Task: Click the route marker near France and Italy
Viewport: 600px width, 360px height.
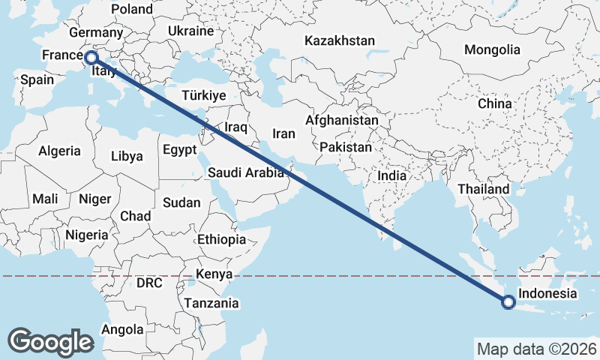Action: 91,57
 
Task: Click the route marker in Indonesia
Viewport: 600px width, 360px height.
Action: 508,302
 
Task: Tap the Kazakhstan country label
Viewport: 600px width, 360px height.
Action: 340,40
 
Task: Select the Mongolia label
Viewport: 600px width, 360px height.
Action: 492,49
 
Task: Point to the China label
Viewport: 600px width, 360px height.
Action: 495,103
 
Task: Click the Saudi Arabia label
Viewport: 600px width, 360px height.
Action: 246,172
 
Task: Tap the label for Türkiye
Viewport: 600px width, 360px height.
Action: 203,95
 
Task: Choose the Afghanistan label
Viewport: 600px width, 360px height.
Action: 342,120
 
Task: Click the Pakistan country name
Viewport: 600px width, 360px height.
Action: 345,147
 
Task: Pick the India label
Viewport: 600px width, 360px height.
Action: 391,175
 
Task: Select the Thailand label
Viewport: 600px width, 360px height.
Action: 484,189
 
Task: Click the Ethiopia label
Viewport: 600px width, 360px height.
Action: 221,239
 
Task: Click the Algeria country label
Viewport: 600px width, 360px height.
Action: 59,151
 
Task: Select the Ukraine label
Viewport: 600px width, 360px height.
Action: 190,31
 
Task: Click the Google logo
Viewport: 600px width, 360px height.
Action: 50,342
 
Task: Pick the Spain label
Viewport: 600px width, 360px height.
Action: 37,79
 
